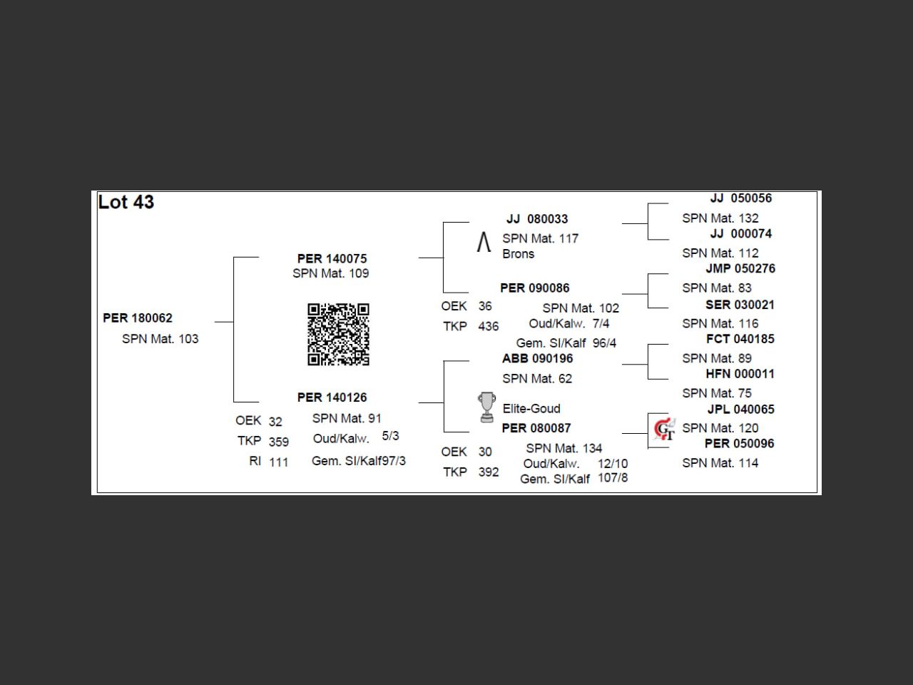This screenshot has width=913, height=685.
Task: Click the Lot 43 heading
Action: [x=126, y=203]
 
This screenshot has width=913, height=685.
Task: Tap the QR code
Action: [x=338, y=334]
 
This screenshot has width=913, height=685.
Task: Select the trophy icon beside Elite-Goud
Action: [x=486, y=407]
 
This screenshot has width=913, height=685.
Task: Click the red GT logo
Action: [x=664, y=429]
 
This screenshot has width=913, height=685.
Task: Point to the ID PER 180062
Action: [x=138, y=318]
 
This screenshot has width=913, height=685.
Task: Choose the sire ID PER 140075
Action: [x=332, y=258]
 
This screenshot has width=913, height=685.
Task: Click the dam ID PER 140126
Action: [x=332, y=397]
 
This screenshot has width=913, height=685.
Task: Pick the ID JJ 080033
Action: [x=537, y=219]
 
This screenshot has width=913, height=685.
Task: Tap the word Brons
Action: [x=518, y=254]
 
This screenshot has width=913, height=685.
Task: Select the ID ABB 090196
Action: [x=537, y=359]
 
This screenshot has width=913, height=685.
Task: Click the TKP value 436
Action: [x=489, y=327]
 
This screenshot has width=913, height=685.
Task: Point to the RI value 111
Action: [x=279, y=462]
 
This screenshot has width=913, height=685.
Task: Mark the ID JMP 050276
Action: [x=740, y=269]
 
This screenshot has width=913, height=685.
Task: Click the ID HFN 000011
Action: [x=740, y=374]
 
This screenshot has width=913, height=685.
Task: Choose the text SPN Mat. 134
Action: [x=563, y=449]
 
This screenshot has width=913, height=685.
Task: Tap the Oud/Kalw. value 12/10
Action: [x=613, y=464]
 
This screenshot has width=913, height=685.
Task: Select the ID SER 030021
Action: [x=740, y=305]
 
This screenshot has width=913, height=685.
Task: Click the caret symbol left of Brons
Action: [x=484, y=243]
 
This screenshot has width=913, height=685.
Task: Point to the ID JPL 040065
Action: [x=740, y=410]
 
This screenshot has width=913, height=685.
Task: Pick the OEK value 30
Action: [x=485, y=452]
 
